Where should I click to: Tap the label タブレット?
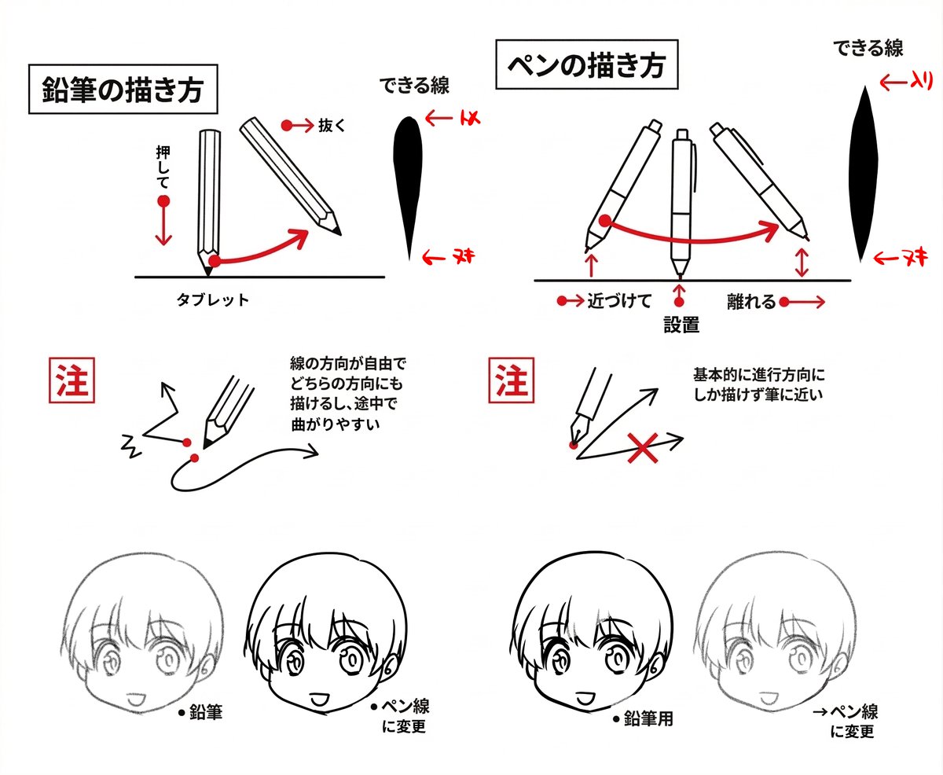(x=213, y=299)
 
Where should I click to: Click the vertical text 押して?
(x=163, y=167)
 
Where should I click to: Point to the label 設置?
(x=681, y=324)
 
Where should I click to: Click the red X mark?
(x=644, y=449)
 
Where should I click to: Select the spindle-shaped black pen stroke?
(x=864, y=174)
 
